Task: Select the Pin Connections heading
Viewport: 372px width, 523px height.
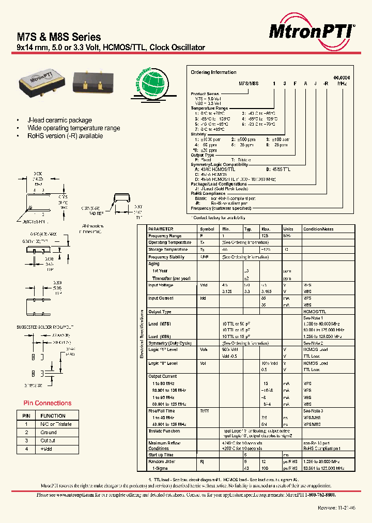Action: pos(48,403)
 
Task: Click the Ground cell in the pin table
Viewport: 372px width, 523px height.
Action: pos(49,432)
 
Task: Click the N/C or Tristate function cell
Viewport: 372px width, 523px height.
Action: pos(56,424)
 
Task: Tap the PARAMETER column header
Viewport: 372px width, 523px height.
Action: pos(161,228)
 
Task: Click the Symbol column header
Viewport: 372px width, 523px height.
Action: pos(207,228)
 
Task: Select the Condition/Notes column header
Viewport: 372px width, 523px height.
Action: pos(319,228)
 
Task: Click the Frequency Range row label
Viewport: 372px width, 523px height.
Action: pos(165,235)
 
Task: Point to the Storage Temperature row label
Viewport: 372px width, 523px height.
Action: pos(167,250)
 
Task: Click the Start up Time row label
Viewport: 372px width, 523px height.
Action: pos(163,455)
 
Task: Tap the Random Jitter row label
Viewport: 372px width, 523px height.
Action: pos(163,462)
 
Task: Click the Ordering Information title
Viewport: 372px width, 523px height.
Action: pos(213,72)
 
